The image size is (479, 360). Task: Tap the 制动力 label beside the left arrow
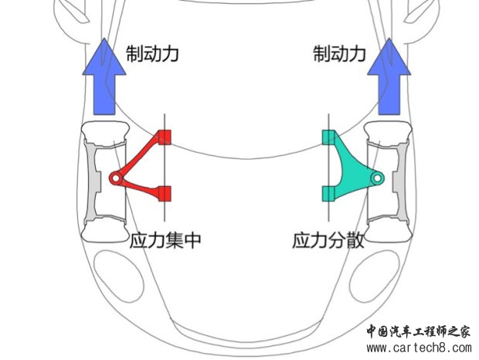tap(152, 54)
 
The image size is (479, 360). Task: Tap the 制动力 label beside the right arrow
tap(339, 54)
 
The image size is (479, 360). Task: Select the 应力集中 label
tap(165, 240)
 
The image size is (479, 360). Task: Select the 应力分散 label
tap(328, 240)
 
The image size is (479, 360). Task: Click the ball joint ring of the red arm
tap(116, 178)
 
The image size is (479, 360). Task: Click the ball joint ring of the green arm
tap(377, 178)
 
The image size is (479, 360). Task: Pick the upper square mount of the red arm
tap(165, 137)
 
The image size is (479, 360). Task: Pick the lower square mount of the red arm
tap(165, 194)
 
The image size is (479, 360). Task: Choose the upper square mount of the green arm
tap(328, 137)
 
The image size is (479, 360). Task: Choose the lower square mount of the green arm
tap(328, 194)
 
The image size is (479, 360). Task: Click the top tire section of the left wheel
tap(104, 133)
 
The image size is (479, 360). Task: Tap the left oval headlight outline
tap(118, 277)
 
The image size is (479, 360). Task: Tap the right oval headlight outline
tap(375, 277)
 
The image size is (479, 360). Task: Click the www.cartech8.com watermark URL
tap(419, 348)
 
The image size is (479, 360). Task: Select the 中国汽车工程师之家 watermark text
tap(418, 331)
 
